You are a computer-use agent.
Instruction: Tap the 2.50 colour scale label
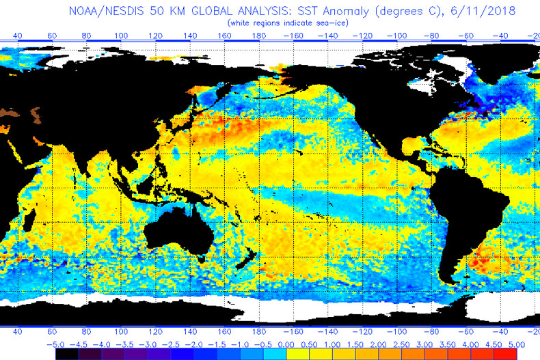pyautogui.click(x=402, y=345)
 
